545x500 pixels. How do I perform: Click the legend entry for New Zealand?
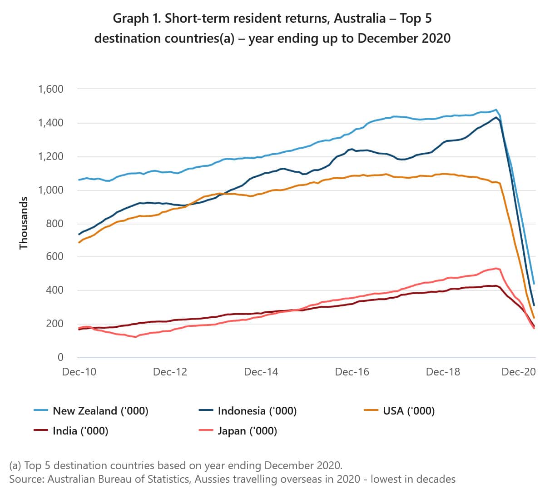tap(100, 411)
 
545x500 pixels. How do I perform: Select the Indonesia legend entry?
tap(257, 411)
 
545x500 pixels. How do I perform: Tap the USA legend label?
tap(408, 411)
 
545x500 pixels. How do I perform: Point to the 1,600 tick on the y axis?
tap(50, 89)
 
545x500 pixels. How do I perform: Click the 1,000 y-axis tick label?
tap(50, 190)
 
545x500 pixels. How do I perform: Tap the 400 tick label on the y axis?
tap(54, 290)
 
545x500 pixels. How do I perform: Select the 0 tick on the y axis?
tap(60, 358)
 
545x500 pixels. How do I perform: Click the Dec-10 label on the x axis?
tap(79, 372)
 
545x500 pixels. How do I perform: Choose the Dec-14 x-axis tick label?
tap(261, 372)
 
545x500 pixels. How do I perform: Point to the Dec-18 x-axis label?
tap(443, 372)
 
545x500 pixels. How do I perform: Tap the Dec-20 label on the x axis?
tap(518, 372)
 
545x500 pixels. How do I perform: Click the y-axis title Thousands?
tap(24, 223)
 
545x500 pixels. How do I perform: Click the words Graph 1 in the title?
tap(137, 19)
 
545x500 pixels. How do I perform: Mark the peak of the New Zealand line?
tap(496, 110)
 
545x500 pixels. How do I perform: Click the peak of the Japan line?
tap(496, 268)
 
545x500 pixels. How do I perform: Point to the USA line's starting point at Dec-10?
tap(79, 242)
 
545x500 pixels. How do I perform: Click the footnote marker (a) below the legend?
tap(15, 465)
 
